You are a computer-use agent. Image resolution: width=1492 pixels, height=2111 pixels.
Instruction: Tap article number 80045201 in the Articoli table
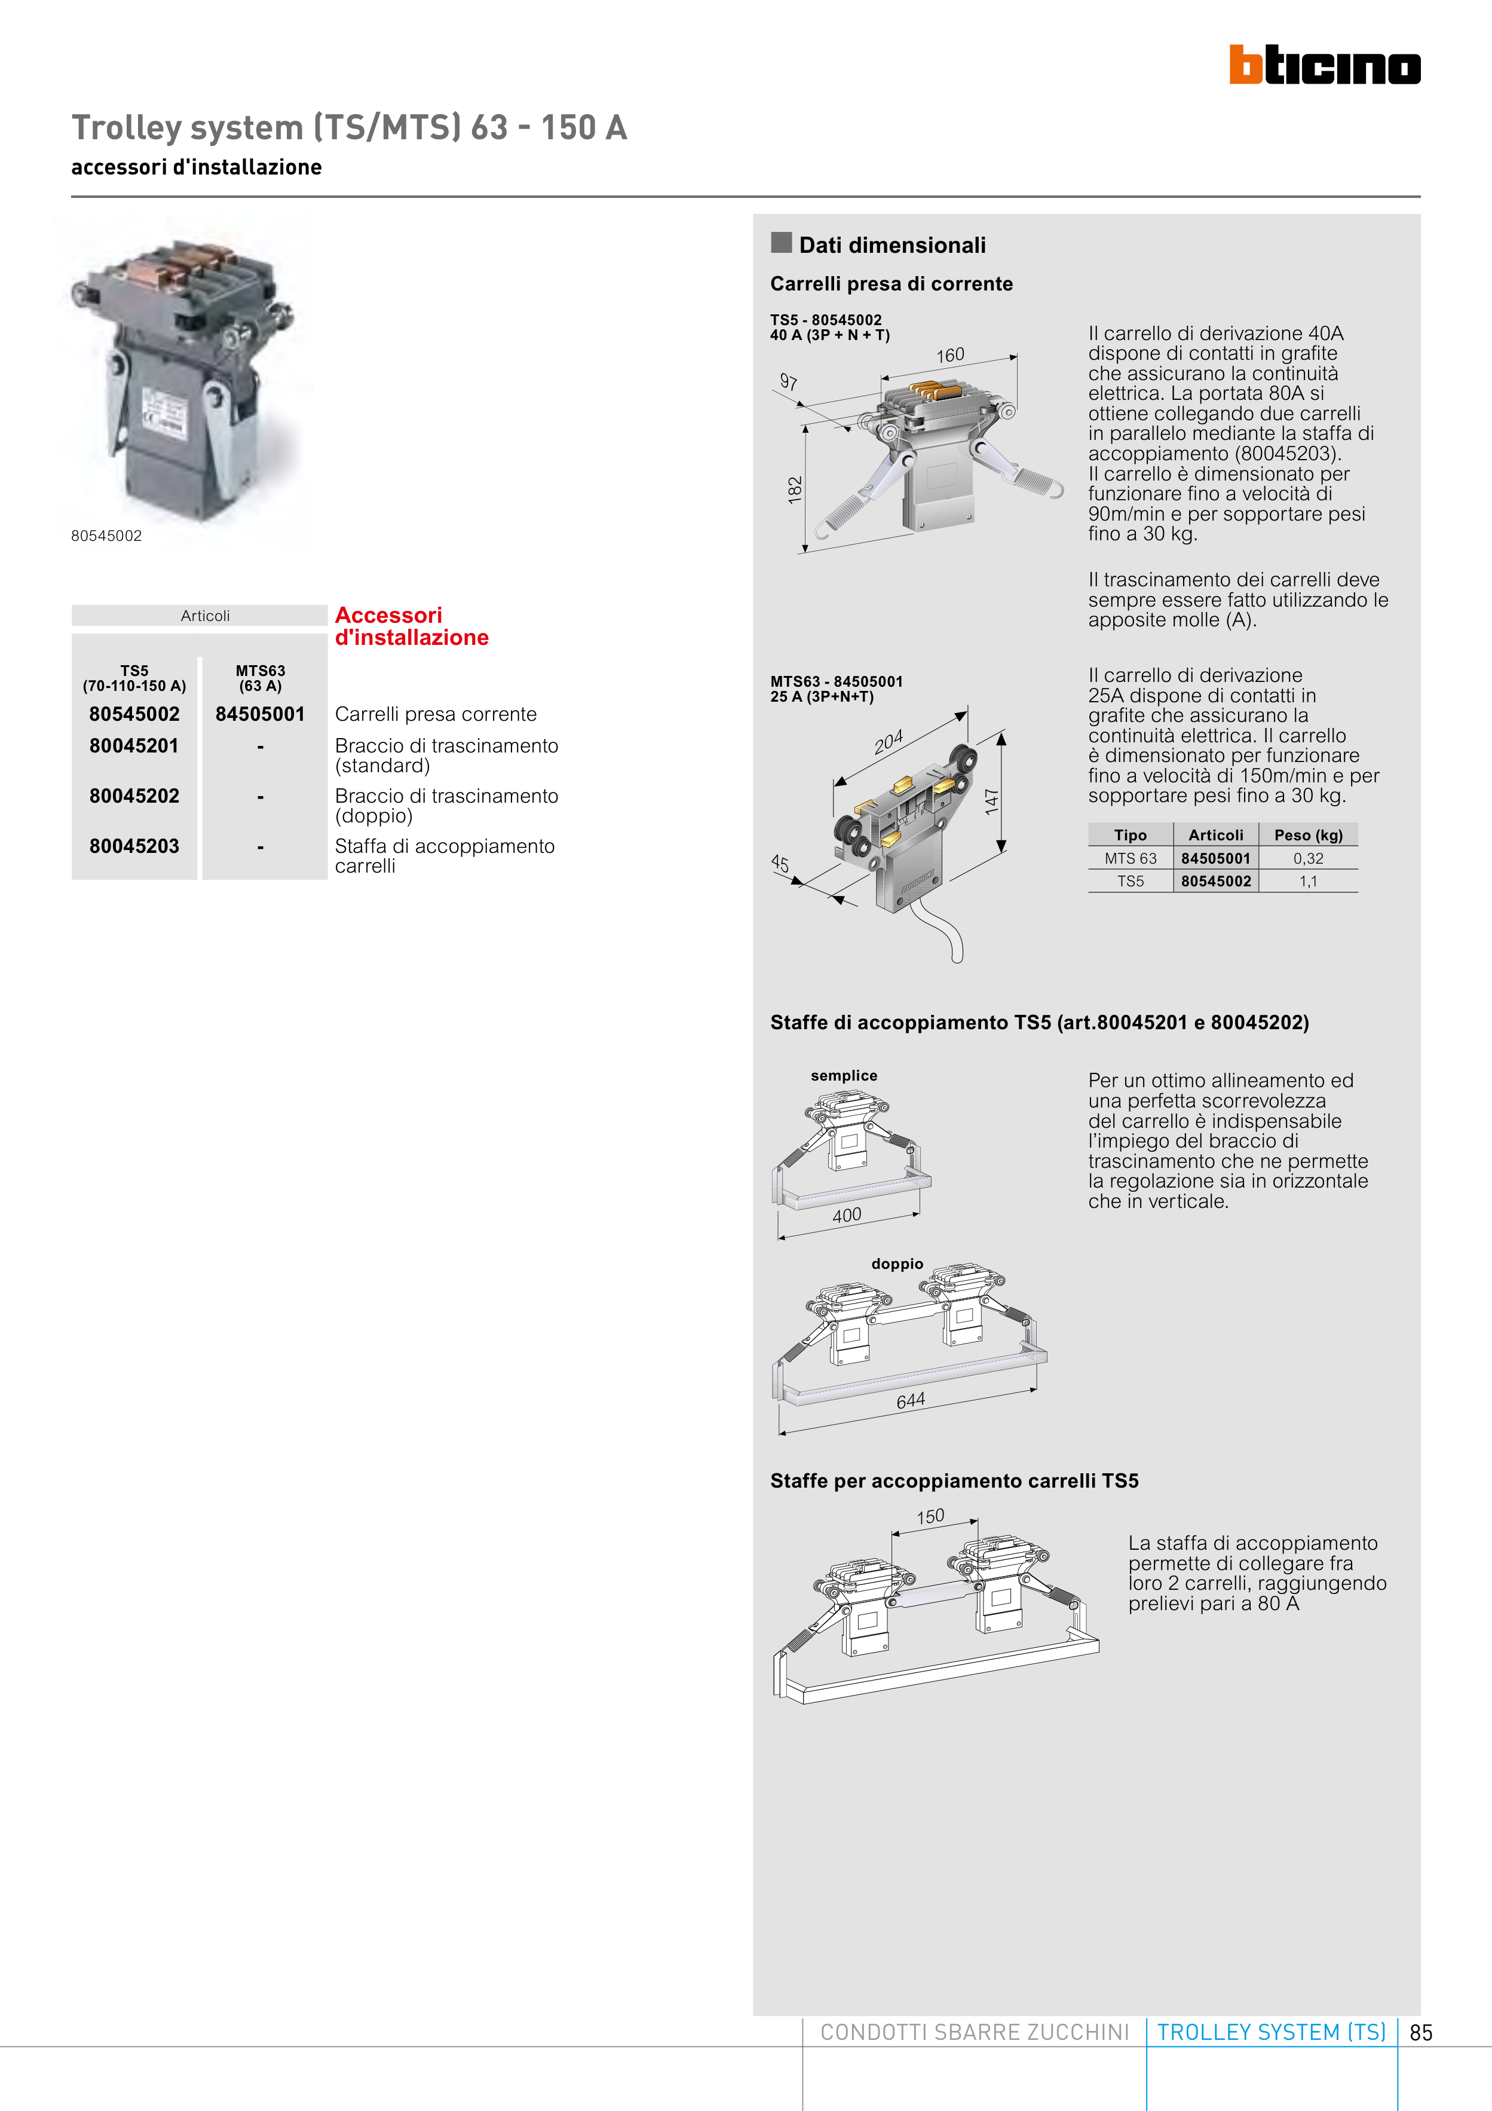click(134, 746)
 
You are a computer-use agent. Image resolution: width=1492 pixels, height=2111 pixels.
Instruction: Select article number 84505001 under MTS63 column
click(260, 714)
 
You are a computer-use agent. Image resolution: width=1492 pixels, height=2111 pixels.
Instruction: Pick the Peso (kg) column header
click(1308, 835)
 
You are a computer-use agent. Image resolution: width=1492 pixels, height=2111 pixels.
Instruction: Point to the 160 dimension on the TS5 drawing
click(951, 355)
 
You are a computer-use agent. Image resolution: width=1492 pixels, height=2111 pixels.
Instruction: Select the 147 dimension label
click(991, 801)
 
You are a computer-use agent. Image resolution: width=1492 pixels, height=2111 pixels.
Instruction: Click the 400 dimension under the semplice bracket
click(847, 1216)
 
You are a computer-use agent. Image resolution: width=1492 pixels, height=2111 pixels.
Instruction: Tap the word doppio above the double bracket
click(897, 1264)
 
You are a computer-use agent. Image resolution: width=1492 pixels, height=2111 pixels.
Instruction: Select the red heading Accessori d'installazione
click(411, 626)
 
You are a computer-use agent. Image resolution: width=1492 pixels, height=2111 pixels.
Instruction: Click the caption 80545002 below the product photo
click(106, 536)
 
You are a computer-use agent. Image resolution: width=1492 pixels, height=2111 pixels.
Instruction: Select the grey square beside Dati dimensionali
click(782, 243)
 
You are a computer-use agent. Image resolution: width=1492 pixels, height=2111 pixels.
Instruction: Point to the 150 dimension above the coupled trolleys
click(930, 1516)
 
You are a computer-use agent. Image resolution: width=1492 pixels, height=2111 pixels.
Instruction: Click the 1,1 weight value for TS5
click(1308, 882)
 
